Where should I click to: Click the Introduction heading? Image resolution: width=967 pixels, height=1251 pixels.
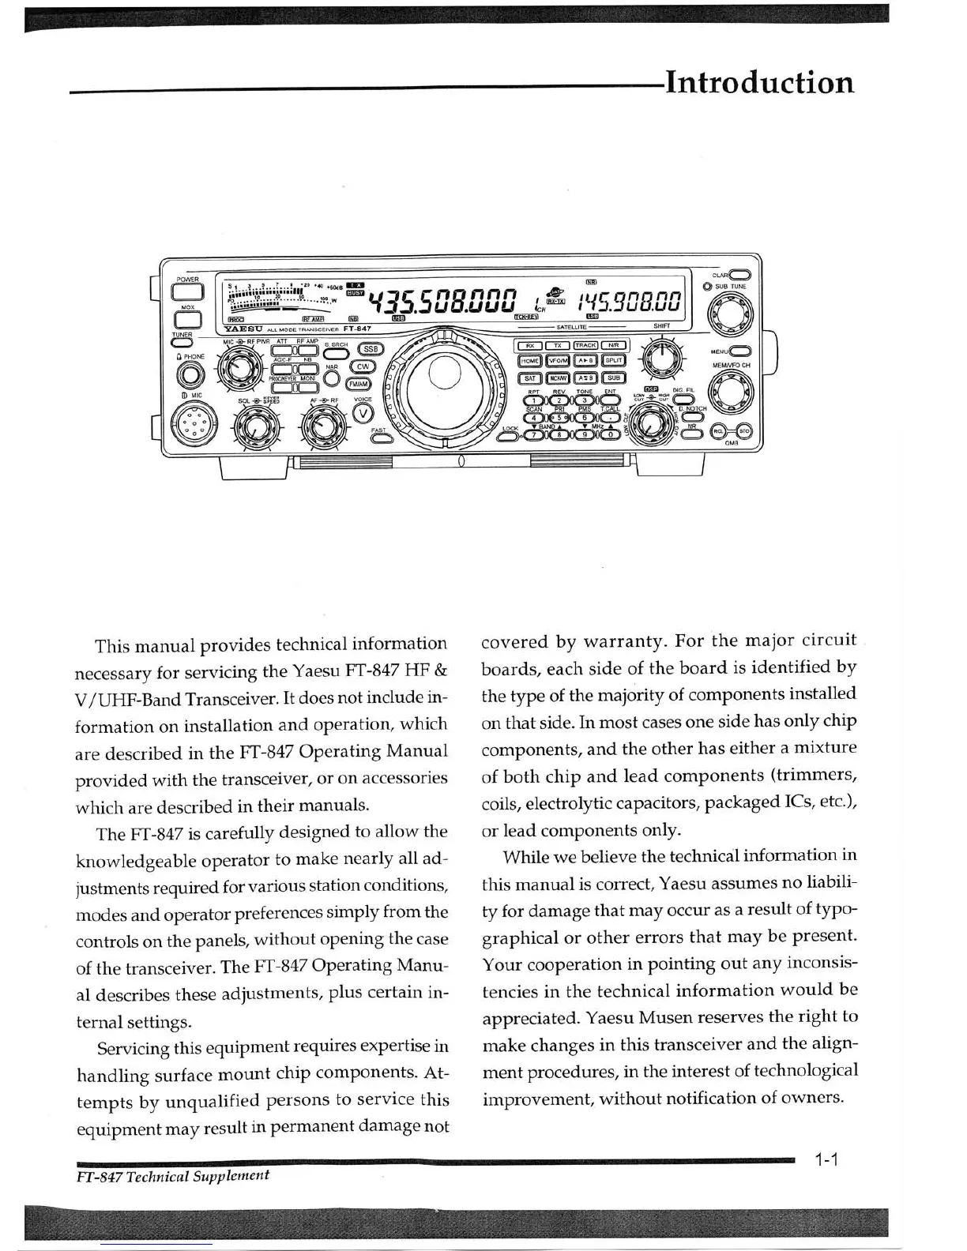759,82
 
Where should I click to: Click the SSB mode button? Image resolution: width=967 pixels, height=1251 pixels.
371,349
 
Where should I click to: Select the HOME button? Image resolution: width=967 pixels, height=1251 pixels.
530,361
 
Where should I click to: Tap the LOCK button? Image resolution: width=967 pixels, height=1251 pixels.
511,437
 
